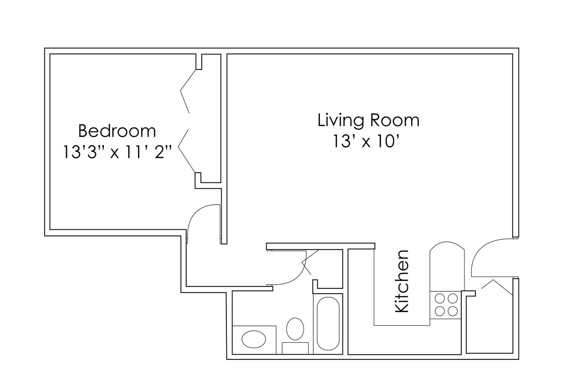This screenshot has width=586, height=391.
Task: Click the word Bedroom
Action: point(117,130)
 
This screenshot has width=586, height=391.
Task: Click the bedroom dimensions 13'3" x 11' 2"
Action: point(117,152)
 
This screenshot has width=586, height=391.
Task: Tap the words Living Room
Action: point(368,120)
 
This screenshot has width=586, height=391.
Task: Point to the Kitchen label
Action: point(401,281)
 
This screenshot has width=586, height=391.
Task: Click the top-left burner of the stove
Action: point(439,298)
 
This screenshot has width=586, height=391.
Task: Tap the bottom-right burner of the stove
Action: point(452,311)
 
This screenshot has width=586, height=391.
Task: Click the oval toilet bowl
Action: point(295,329)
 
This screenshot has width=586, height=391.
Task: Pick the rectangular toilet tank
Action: point(295,348)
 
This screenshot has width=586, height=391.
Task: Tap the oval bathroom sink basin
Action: point(254,339)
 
